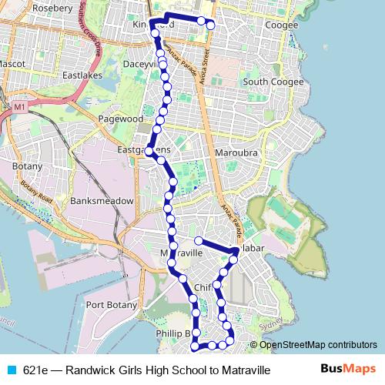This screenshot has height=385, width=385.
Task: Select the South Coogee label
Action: point(266,82)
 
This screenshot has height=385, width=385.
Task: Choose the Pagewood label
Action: point(120,119)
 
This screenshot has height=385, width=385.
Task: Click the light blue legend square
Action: point(11,370)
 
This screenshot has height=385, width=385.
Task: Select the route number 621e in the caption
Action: point(35,370)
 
